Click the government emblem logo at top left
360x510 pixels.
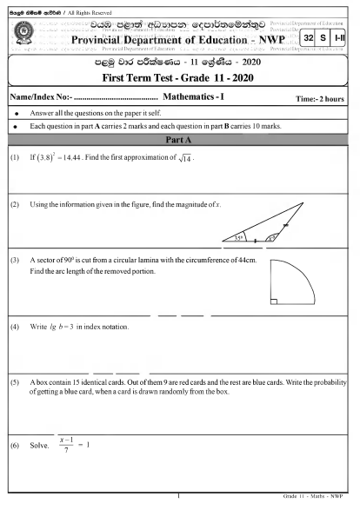[24, 33]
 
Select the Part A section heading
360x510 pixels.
[179, 139]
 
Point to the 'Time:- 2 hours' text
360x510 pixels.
[320, 100]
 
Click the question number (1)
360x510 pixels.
[15, 158]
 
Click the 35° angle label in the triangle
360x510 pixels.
[238, 237]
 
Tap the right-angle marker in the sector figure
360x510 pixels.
[275, 301]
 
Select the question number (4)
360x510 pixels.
[15, 327]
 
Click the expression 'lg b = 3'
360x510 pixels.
[68, 327]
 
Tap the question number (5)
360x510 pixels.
[15, 383]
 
